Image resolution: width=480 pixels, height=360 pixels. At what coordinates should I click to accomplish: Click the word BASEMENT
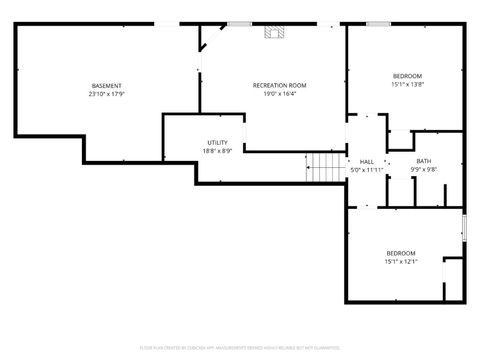pyautogui.click(x=106, y=86)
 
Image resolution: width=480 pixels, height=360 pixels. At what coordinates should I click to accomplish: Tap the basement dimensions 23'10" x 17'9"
pyautogui.click(x=106, y=94)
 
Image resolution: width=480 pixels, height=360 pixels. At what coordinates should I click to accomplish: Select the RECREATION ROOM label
pyautogui.click(x=278, y=86)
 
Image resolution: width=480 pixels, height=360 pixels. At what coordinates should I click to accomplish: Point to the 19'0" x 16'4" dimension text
pyautogui.click(x=278, y=94)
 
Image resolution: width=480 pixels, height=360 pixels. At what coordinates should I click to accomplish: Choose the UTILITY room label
pyautogui.click(x=218, y=143)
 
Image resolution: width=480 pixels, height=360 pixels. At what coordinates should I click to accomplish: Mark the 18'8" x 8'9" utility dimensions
pyautogui.click(x=218, y=151)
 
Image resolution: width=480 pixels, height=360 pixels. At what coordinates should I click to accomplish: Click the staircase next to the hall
pyautogui.click(x=323, y=167)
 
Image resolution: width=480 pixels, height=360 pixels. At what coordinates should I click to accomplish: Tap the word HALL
pyautogui.click(x=366, y=161)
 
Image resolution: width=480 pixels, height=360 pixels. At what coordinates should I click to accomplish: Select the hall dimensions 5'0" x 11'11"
pyautogui.click(x=366, y=169)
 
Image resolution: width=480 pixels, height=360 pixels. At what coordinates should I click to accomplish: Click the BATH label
pyautogui.click(x=424, y=161)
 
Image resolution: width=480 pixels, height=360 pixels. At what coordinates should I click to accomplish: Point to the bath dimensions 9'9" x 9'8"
pyautogui.click(x=424, y=169)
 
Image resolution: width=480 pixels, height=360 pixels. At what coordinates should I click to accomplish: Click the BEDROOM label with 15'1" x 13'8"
pyautogui.click(x=407, y=77)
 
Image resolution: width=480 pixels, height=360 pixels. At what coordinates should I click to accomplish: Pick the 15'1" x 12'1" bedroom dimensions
pyautogui.click(x=400, y=261)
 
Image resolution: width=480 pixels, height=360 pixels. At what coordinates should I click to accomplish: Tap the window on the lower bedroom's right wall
pyautogui.click(x=464, y=226)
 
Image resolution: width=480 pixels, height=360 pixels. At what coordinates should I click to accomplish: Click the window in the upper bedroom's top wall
pyautogui.click(x=377, y=23)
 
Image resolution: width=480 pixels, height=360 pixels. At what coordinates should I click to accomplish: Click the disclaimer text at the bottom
pyautogui.click(x=240, y=349)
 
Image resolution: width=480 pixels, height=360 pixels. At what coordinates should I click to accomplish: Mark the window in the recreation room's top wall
pyautogui.click(x=239, y=23)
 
